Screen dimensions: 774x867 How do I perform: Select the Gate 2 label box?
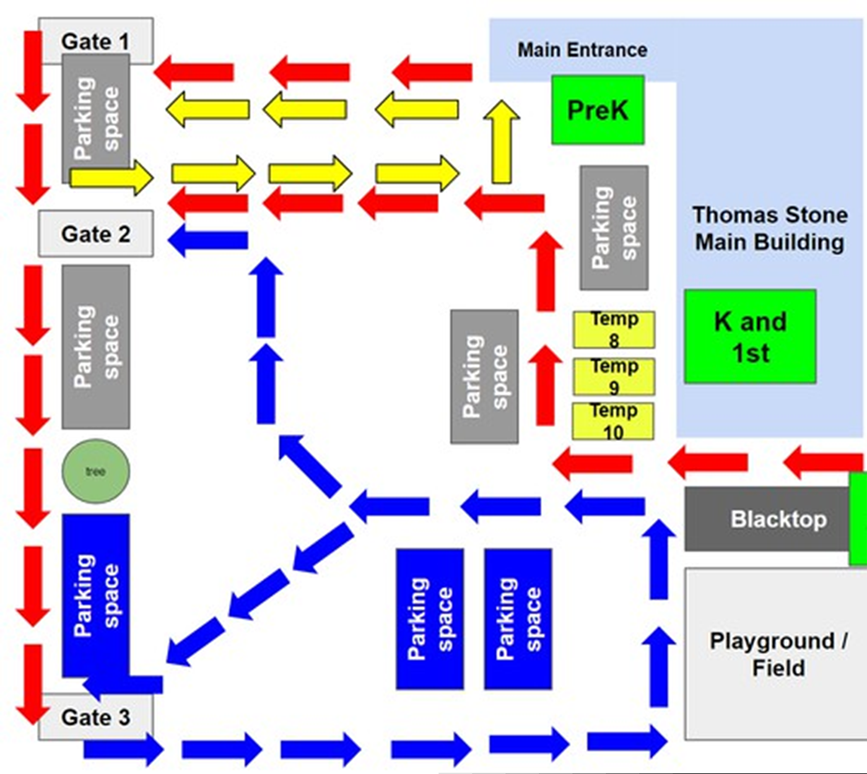(96, 233)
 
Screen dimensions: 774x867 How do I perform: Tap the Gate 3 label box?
(96, 717)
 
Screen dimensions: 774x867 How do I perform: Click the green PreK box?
(598, 110)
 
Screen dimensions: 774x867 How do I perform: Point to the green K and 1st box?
(750, 336)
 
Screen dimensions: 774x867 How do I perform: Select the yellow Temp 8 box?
(613, 329)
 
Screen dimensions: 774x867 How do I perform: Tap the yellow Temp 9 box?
(613, 376)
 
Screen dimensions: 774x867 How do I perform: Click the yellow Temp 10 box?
(613, 421)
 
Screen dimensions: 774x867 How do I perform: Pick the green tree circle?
(95, 471)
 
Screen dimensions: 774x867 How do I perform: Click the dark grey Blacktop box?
(768, 519)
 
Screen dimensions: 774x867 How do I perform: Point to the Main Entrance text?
(582, 50)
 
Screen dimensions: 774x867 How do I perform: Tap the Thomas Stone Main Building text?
(769, 228)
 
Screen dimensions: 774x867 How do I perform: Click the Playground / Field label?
(778, 654)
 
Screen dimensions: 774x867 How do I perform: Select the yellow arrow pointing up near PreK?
(501, 142)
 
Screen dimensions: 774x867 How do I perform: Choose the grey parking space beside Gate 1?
(95, 118)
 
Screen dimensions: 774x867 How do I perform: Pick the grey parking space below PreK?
(614, 227)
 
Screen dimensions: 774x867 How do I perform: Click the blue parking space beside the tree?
(95, 594)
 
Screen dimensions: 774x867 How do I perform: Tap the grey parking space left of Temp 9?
(484, 376)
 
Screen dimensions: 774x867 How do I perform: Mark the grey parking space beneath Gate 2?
(95, 347)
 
